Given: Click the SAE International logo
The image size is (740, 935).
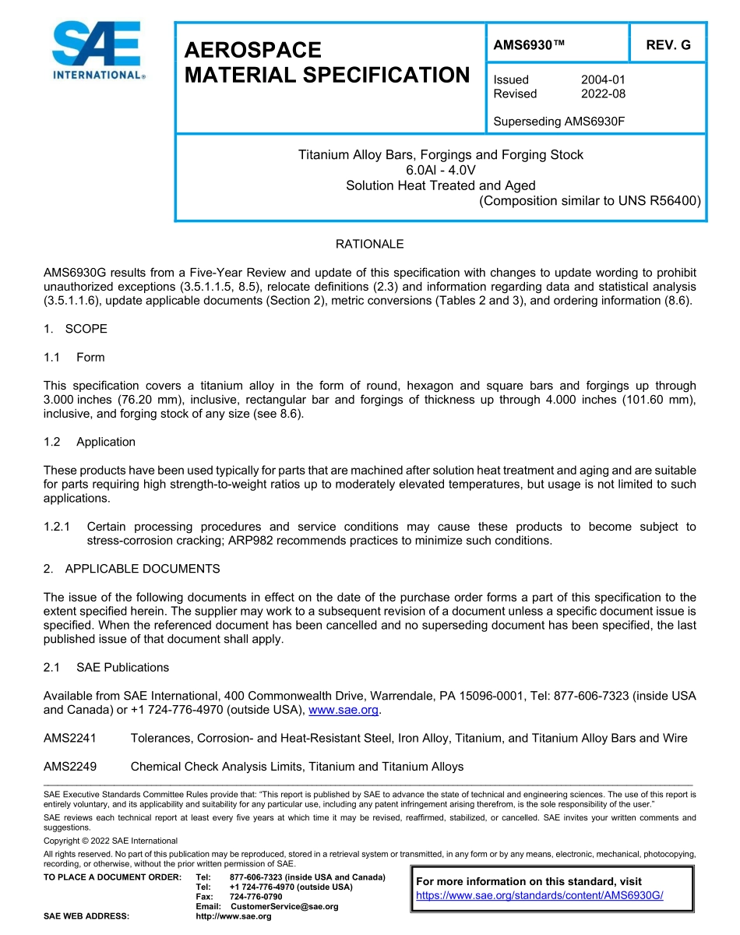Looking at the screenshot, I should point(97,51).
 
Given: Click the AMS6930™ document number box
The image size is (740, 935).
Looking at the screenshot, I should point(529,45).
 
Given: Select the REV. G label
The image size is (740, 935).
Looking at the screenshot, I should point(668,45).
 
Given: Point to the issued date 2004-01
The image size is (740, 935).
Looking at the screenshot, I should point(603,79).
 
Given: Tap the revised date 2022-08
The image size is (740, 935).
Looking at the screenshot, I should point(603,93).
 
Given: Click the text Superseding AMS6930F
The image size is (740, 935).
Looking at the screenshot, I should point(559,122).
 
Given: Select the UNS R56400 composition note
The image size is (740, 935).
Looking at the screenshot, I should point(590,200).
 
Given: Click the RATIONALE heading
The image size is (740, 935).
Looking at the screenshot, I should point(369,244).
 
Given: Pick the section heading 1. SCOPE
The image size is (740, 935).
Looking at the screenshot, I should point(76,329).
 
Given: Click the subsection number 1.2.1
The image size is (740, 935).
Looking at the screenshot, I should point(58,527).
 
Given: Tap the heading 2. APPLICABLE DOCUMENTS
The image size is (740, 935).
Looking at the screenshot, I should point(132,569).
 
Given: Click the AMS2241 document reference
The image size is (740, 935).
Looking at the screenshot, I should point(70,738).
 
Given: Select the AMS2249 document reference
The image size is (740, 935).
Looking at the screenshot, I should point(70,767).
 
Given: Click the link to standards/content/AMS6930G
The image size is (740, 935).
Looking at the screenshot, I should point(539,896).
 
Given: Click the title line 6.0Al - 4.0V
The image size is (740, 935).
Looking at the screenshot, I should point(440,170).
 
